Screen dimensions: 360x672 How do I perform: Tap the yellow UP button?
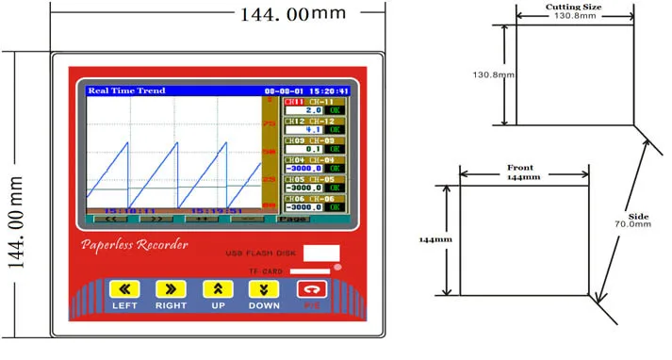click(218, 290)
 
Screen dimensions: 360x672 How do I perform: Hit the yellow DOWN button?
click(264, 290)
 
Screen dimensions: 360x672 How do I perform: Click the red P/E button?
click(310, 290)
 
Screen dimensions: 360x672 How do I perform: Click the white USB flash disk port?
click(320, 254)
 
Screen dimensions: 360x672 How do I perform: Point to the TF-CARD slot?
click(303, 271)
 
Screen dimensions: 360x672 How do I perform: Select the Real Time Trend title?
click(126, 91)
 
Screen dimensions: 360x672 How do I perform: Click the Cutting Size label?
click(574, 7)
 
